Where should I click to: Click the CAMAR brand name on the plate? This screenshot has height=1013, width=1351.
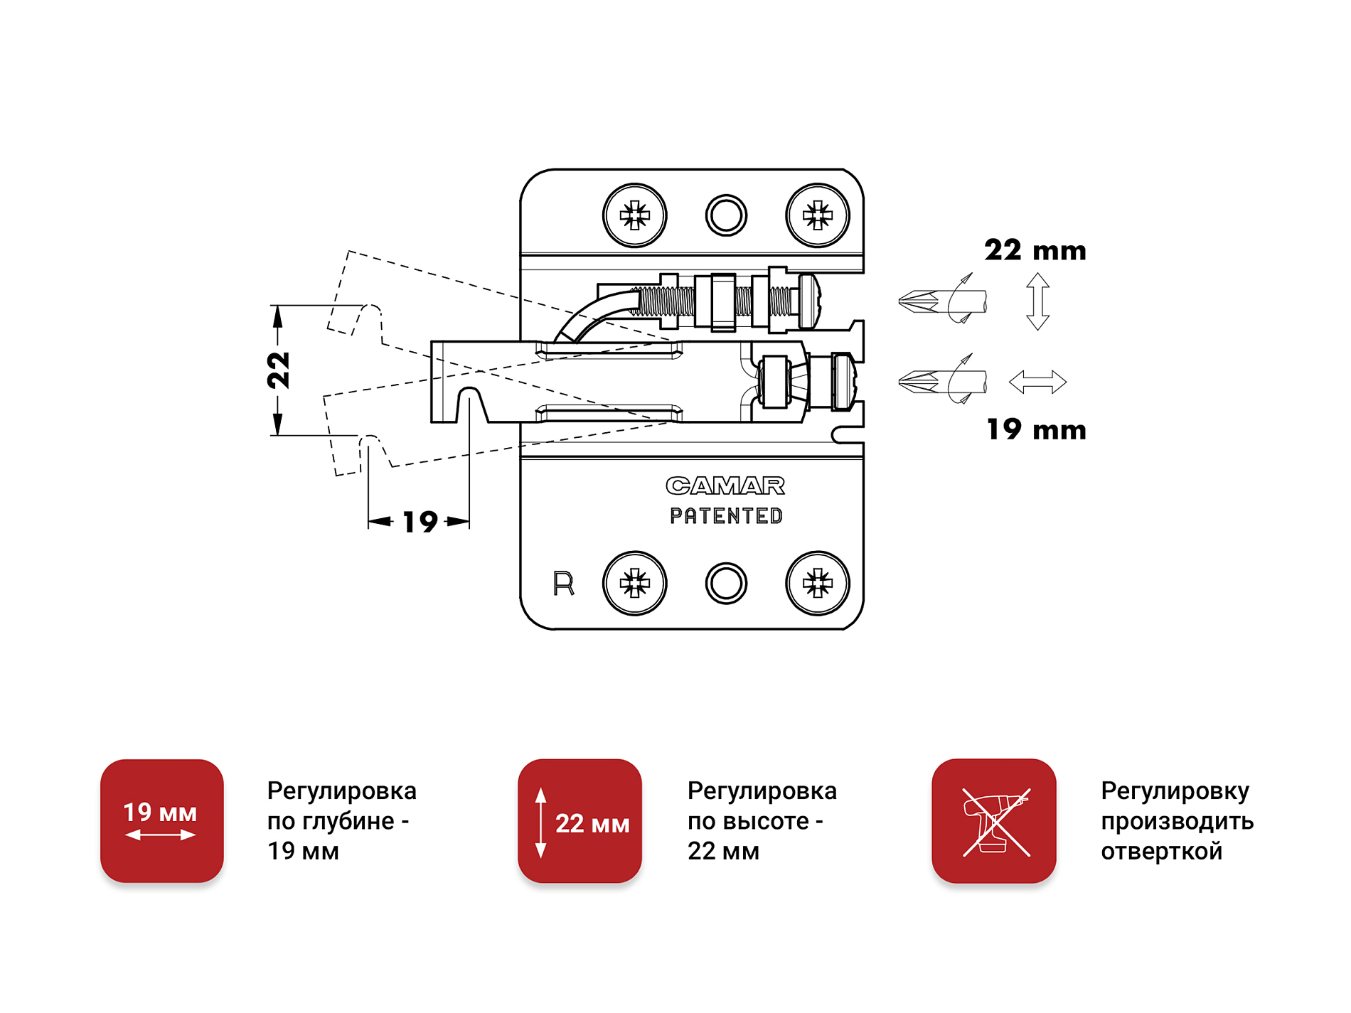point(725,486)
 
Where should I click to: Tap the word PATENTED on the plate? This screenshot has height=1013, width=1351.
point(726,516)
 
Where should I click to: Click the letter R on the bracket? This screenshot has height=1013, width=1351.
point(563,584)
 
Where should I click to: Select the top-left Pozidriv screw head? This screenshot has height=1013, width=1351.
point(634,215)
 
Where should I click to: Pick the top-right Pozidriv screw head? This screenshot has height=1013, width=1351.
point(817,215)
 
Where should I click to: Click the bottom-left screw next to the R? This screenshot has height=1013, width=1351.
point(634,583)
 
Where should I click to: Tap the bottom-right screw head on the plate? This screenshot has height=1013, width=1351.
point(817,583)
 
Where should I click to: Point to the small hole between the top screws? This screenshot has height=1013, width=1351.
point(726,215)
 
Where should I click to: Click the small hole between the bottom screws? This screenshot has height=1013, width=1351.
point(726,584)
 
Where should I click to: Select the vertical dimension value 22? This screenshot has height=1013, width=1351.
point(279,370)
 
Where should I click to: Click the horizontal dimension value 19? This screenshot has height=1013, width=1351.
point(420,522)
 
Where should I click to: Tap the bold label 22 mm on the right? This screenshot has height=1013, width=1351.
point(1035,250)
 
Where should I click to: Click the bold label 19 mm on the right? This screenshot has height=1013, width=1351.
point(1036,429)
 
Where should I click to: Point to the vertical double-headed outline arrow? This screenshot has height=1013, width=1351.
point(1037,301)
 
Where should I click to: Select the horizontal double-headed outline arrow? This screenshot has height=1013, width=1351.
point(1037,382)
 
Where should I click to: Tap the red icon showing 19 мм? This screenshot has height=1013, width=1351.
point(162,821)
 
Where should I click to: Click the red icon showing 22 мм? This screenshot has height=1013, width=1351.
point(580,821)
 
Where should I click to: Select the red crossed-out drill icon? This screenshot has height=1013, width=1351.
point(993,821)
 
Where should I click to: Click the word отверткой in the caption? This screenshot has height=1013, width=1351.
point(1161,851)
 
